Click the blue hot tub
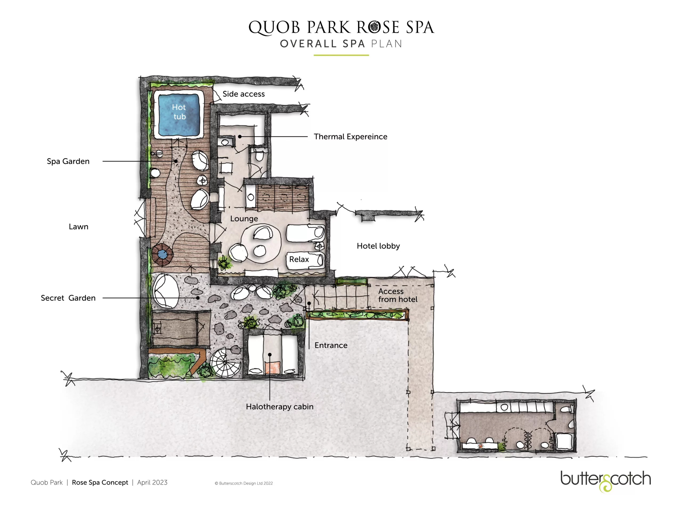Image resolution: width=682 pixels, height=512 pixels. [178, 115]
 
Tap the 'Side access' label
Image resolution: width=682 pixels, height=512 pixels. [243, 94]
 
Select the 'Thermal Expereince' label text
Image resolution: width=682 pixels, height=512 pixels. [350, 137]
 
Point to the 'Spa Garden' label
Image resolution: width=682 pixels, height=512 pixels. [68, 161]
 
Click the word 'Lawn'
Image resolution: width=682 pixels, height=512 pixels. [79, 227]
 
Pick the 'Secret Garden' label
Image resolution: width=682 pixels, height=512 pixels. [68, 298]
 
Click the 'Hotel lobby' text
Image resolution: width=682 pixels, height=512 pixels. [378, 246]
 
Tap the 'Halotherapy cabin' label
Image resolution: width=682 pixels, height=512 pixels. [280, 407]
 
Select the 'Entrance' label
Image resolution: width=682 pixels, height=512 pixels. [331, 345]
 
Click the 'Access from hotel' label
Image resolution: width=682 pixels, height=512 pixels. [398, 295]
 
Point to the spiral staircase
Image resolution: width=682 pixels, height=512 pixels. [226, 362]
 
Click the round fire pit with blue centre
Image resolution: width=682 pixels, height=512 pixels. [162, 255]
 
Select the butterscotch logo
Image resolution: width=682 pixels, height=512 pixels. [606, 481]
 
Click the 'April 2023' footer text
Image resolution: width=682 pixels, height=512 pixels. [152, 483]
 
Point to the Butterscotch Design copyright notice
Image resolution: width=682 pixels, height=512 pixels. [243, 483]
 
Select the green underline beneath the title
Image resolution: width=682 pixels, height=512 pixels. [341, 55]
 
